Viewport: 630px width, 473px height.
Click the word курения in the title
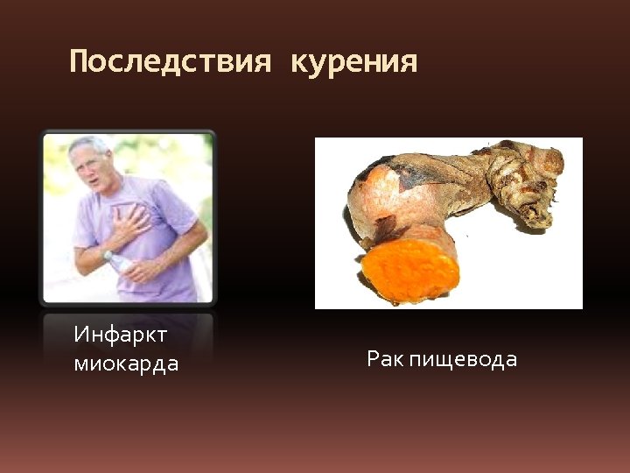(353, 62)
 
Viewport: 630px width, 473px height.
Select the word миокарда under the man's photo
(126, 364)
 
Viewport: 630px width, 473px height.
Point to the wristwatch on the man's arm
(108, 256)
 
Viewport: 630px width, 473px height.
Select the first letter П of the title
(79, 62)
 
